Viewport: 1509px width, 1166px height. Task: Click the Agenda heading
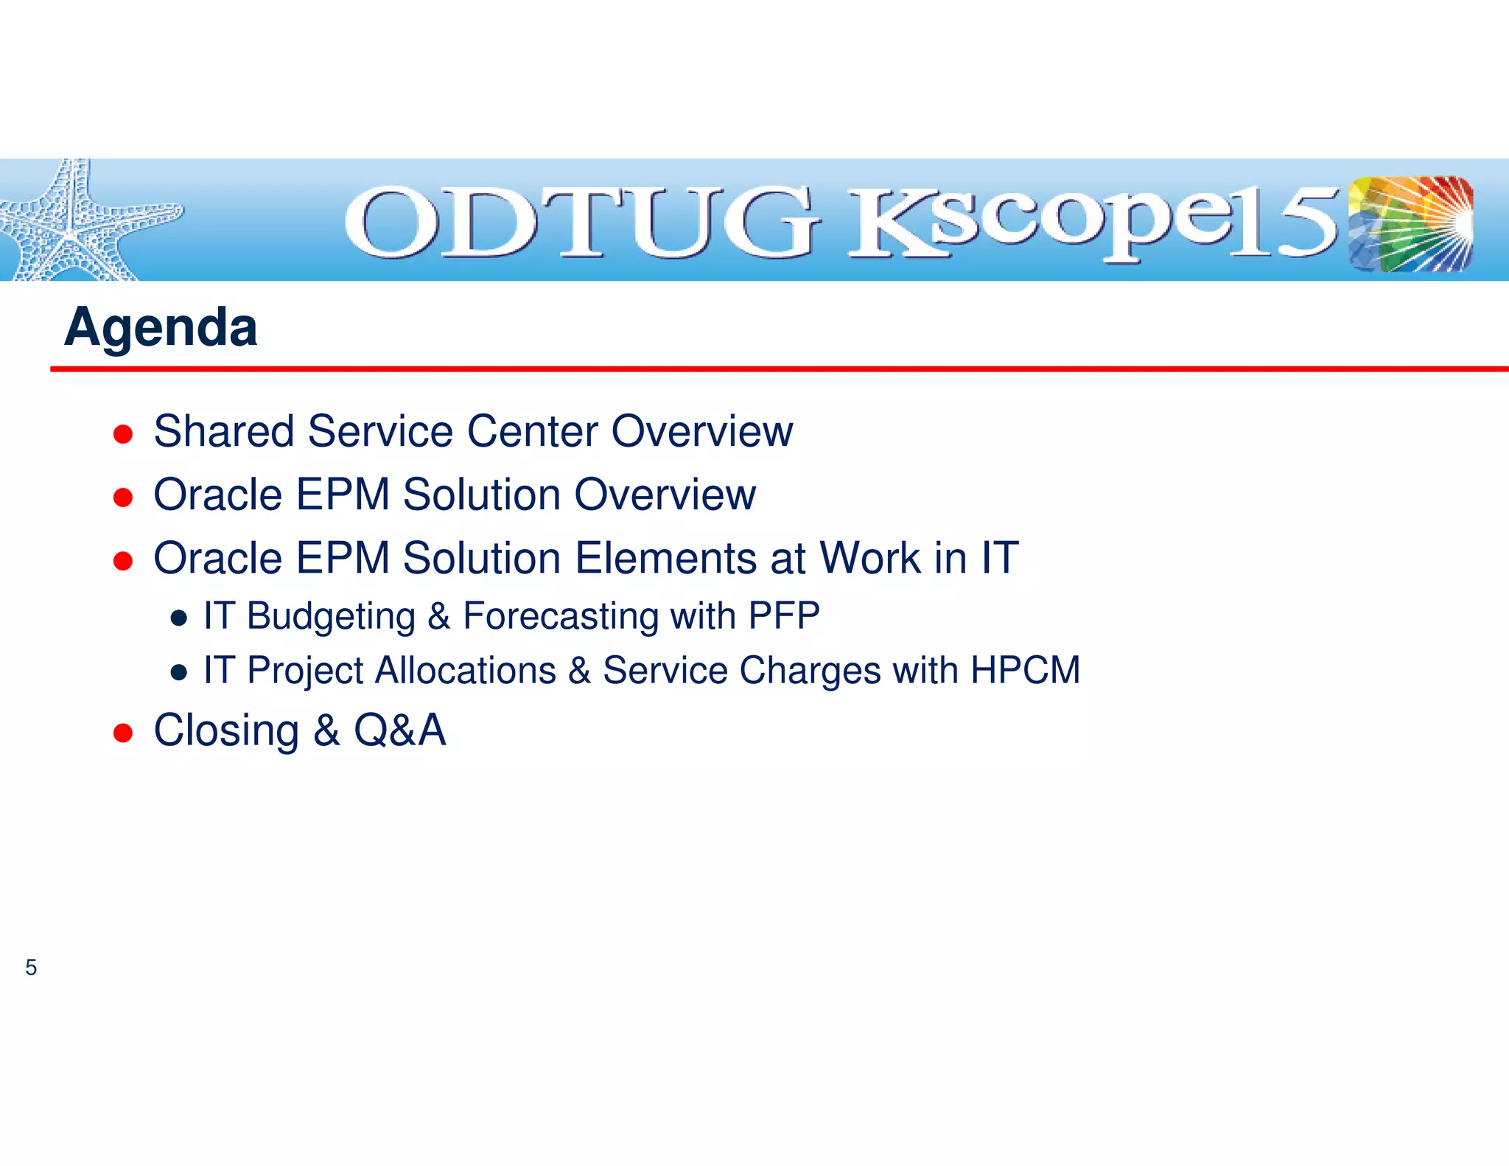161,327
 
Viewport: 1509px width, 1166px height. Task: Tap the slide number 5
31,967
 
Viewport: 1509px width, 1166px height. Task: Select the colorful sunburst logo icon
1410,223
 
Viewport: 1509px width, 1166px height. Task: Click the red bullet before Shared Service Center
123,434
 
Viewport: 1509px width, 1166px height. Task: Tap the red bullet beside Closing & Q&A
123,733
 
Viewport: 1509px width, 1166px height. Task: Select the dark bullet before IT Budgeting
178,618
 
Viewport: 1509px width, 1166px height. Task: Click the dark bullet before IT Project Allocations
178,672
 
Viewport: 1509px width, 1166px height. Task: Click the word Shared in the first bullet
224,431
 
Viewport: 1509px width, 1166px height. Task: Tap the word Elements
665,558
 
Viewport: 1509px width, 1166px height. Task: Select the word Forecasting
560,616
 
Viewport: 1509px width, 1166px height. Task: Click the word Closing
226,731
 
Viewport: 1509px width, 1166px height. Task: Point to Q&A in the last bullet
400,730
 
